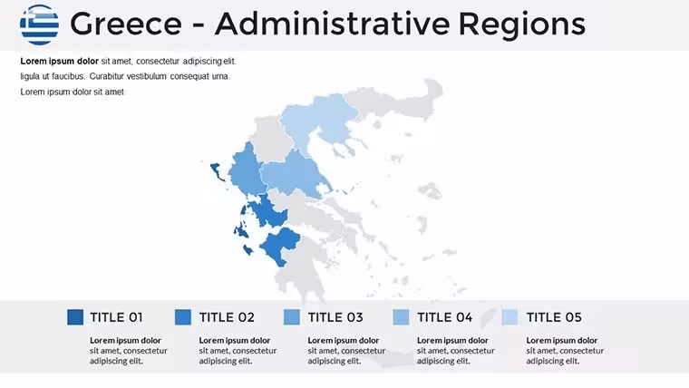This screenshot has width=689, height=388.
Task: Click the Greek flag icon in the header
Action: click(39, 24)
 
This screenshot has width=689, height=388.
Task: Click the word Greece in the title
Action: click(126, 24)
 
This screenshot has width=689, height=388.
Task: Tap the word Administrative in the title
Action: click(333, 24)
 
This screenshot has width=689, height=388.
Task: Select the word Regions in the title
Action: click(522, 24)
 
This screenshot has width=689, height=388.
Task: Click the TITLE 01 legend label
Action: click(116, 317)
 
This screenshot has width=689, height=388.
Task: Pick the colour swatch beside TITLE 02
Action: click(183, 316)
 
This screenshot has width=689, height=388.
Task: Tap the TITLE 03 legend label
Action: click(335, 317)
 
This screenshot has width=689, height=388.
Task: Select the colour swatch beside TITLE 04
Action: click(401, 316)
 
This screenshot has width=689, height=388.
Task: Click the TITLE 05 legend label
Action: click(554, 317)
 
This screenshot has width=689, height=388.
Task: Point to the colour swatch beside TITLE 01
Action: click(75, 316)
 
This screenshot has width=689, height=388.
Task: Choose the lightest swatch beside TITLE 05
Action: click(509, 316)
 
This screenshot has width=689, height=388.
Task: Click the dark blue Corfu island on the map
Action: click(217, 171)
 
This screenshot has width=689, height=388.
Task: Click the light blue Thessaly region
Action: click(292, 173)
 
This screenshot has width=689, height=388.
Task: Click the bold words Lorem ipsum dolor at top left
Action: click(59, 61)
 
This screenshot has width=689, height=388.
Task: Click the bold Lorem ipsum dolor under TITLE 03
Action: click(344, 341)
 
